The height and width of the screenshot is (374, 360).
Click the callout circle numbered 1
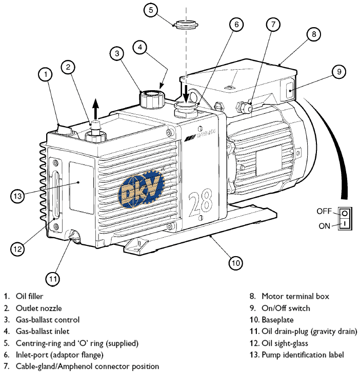[47, 75]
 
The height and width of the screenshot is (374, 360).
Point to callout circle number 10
[235, 263]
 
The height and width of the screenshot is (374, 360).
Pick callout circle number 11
[53, 279]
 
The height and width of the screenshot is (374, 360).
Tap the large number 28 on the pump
[201, 202]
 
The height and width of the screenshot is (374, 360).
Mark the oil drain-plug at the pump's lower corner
[75, 237]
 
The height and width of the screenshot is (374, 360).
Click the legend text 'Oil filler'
[30, 296]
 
